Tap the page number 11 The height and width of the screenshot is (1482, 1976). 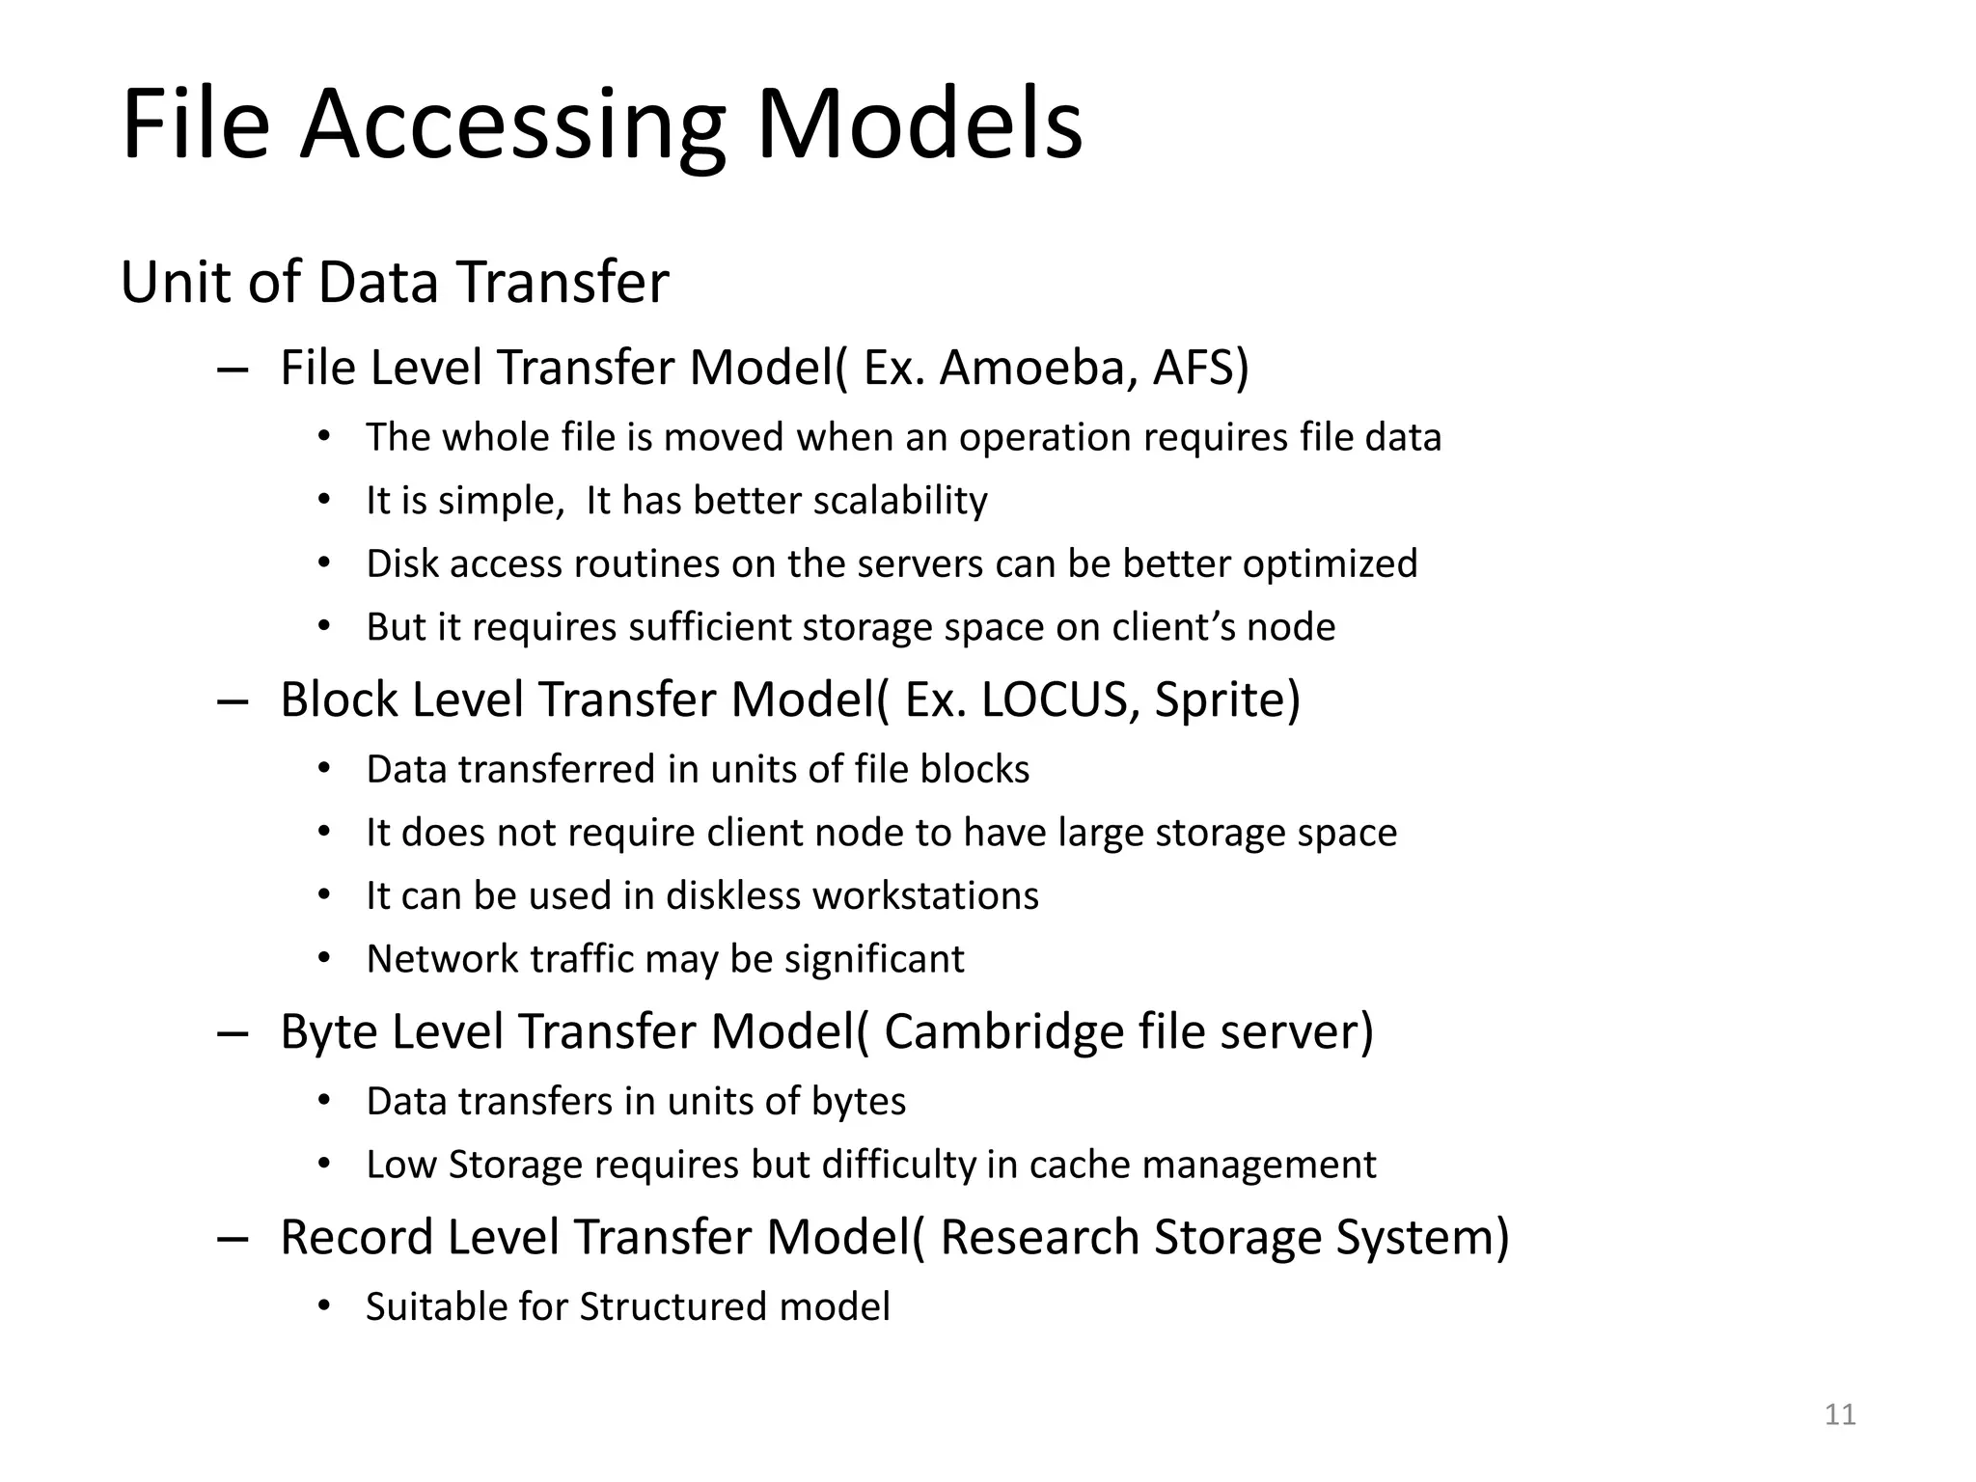tap(1840, 1414)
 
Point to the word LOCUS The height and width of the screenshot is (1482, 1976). tap(1054, 700)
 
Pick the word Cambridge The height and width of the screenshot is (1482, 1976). tap(1003, 1031)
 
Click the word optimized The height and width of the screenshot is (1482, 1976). tap(1330, 564)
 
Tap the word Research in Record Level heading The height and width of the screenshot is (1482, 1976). tap(1040, 1238)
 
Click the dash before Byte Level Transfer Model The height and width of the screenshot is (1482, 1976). tap(233, 1033)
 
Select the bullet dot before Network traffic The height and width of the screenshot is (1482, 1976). tap(324, 958)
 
